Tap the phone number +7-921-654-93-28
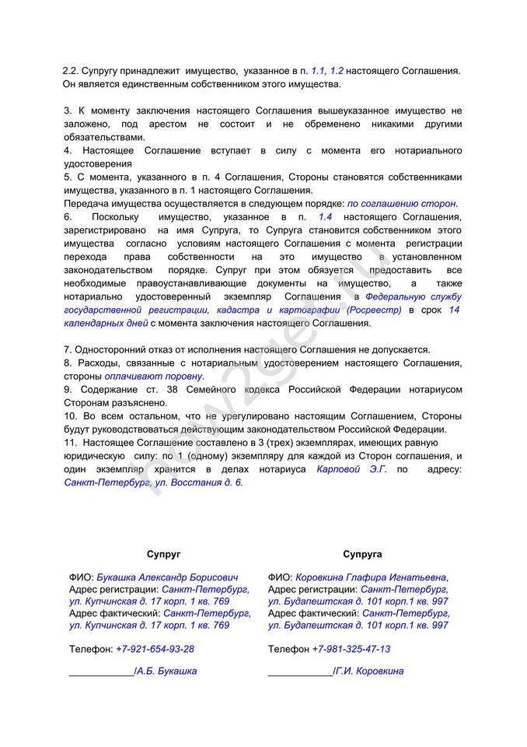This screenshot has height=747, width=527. click(x=155, y=649)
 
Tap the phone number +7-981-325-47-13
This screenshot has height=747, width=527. click(x=351, y=649)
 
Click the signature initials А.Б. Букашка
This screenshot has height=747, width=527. click(x=166, y=671)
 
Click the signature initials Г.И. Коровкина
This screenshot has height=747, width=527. click(x=369, y=671)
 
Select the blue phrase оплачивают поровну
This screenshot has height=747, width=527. click(x=154, y=376)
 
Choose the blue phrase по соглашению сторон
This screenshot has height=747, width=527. click(x=402, y=203)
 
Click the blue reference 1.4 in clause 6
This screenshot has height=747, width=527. click(x=326, y=216)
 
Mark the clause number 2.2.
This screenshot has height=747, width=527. click(x=71, y=71)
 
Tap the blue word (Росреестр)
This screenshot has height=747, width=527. click(x=376, y=310)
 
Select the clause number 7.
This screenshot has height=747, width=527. click(x=68, y=349)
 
